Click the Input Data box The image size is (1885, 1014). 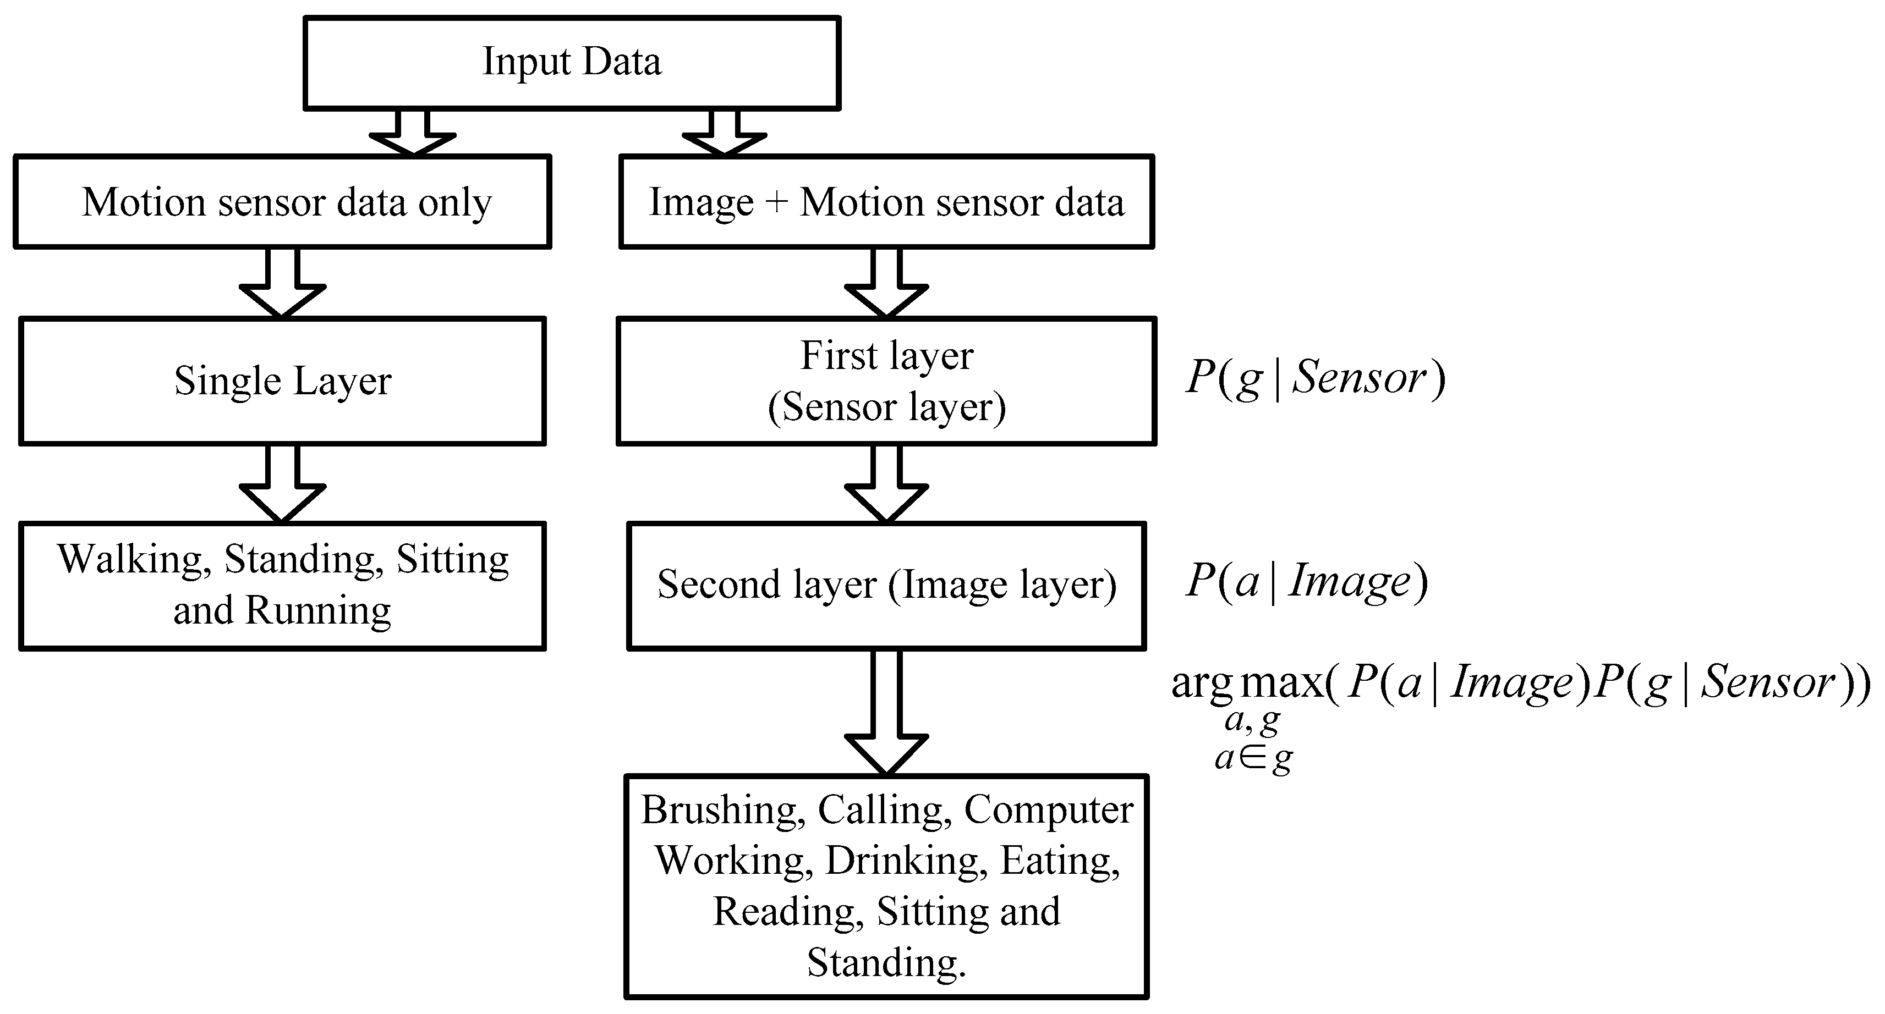572,63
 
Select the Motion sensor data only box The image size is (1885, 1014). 282,202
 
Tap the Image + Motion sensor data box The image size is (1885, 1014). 886,202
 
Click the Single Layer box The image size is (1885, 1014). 282,381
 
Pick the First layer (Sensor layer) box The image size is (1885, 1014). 886,381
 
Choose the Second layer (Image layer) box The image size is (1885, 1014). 886,585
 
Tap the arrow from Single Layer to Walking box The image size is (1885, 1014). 282,484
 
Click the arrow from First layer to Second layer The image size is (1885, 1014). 886,484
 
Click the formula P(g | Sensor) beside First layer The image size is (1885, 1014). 1315,378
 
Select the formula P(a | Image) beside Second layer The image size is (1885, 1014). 1306,582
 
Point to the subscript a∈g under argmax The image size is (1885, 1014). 1253,759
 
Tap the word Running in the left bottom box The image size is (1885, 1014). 317,611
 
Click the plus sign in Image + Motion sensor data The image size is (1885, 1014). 776,202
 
